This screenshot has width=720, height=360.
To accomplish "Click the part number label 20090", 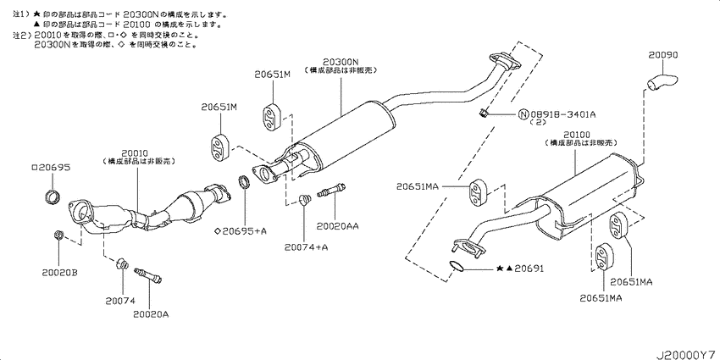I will point(663,56).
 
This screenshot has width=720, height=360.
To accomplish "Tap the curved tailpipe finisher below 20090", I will point(661,82).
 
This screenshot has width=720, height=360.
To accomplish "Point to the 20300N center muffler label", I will point(341,61).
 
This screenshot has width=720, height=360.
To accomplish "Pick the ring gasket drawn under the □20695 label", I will point(53,198).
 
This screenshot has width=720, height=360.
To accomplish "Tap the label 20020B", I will point(58,272).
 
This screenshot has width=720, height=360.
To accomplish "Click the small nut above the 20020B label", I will point(58,235).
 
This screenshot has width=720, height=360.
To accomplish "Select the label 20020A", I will point(151,313).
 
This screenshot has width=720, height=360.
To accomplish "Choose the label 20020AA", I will point(337,227).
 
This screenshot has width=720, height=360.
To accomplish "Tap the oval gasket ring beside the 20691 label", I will point(457,268).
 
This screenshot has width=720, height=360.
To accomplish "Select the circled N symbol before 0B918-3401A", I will point(523,114).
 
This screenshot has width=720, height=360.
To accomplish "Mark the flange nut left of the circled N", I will point(483,114).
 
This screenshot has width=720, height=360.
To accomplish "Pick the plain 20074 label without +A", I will point(121,300).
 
